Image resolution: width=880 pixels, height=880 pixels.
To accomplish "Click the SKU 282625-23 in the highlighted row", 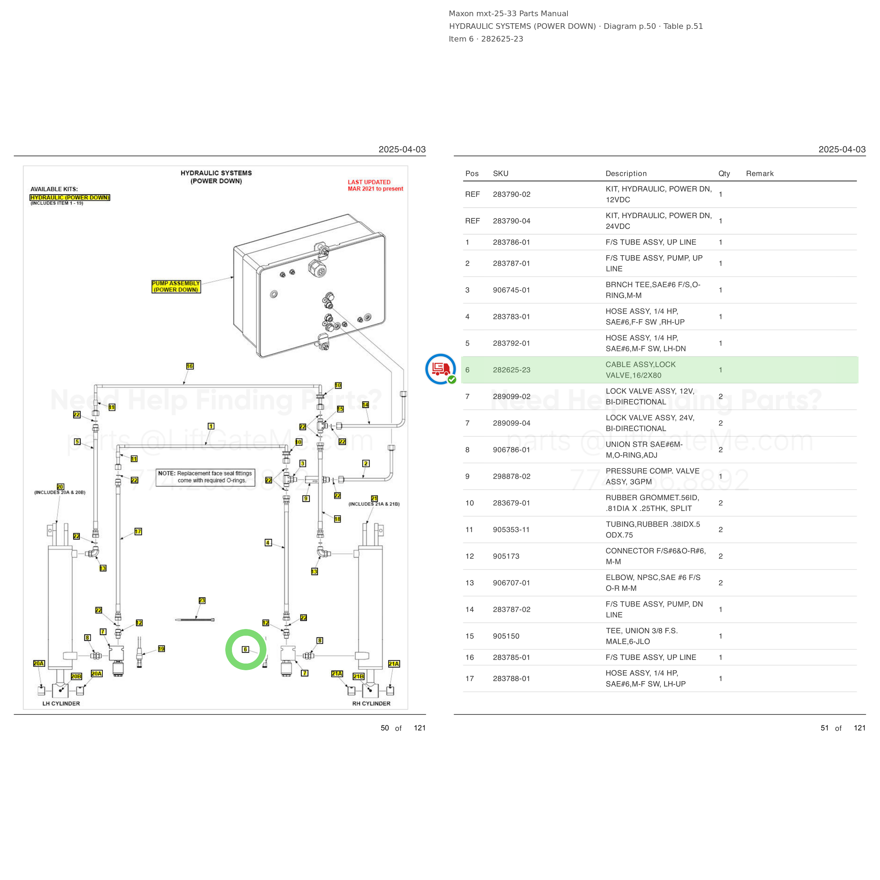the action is click(x=511, y=370).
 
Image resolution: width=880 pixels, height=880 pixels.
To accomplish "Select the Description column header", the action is click(x=626, y=174).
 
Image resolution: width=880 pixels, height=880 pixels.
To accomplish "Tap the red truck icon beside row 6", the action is click(x=440, y=369).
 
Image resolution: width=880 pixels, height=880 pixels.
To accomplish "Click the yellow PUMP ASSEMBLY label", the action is click(x=176, y=287).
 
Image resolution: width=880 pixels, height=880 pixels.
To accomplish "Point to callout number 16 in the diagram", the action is click(x=190, y=366).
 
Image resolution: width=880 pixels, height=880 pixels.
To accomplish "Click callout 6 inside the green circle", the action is click(x=245, y=649).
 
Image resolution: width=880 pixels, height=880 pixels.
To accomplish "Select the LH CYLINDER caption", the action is click(x=61, y=703).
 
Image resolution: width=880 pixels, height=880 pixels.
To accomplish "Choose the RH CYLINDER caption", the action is click(x=371, y=703).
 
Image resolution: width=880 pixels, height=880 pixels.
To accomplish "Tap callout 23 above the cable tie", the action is click(x=202, y=600).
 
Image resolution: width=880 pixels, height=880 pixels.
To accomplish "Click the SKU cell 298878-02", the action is click(x=511, y=477).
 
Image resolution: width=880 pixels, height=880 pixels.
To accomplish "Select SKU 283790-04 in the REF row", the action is click(x=511, y=221).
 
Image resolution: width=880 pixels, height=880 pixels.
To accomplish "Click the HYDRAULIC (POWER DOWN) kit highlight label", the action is click(x=70, y=197).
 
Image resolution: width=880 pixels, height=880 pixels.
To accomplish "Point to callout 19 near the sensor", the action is click(x=161, y=649).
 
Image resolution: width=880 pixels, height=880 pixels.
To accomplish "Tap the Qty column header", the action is click(x=724, y=174).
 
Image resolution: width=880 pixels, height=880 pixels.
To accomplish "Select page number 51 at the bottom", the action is click(x=824, y=728).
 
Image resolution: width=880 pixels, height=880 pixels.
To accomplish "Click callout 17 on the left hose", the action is click(x=138, y=532).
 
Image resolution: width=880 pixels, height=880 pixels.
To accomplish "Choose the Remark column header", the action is click(x=760, y=174).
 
